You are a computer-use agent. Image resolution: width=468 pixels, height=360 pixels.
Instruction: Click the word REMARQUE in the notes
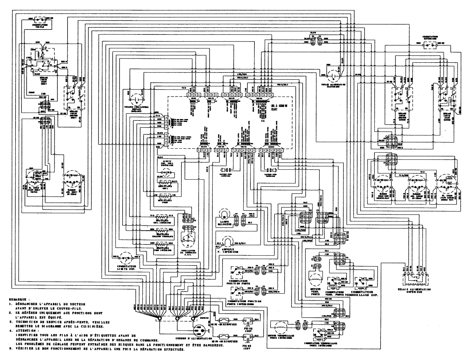tap(20, 300)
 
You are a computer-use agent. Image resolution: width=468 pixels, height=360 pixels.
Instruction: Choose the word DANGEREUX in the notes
tap(212, 345)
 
